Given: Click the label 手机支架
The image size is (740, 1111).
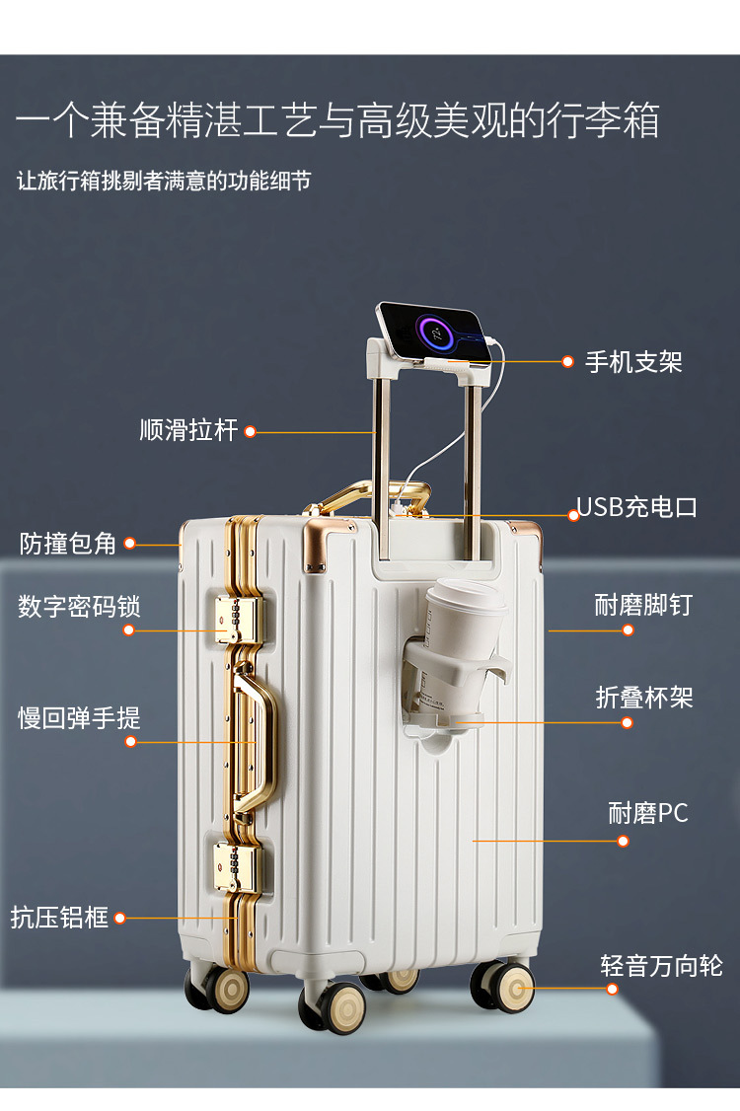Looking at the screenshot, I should pos(633,362).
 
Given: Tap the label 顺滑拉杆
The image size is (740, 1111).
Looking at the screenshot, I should pos(188,431).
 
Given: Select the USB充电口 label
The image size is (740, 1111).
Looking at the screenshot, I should pos(637,507).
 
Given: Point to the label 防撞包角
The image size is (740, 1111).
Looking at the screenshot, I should pos(68,544).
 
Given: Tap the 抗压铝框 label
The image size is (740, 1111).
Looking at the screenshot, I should pos(59,917).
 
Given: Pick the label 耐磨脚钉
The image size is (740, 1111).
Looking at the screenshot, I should pos(643,605).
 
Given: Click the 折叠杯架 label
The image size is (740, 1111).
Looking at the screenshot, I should pos(644,698).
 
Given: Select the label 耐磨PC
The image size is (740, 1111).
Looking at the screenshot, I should pos(648,813).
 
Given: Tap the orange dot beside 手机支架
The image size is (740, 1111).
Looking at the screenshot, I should pos(567,362).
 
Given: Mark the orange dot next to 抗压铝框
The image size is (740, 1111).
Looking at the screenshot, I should pos(120,918).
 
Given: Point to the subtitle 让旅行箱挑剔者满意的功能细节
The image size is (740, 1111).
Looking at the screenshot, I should pos(164,182).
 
